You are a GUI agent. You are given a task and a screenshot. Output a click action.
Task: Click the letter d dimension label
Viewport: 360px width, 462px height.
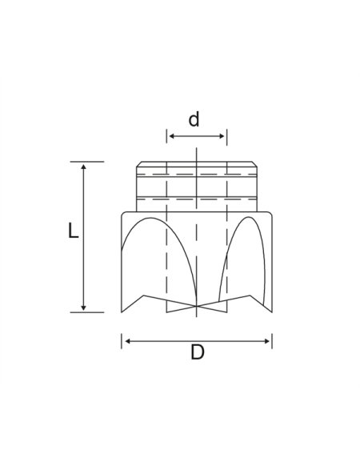coord(194,119)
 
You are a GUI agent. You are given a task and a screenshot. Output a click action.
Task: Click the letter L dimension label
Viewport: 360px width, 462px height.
coord(74,230)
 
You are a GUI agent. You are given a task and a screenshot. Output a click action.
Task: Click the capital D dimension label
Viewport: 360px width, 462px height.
coord(198,352)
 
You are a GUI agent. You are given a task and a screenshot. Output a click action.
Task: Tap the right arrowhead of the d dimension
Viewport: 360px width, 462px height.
coord(222,136)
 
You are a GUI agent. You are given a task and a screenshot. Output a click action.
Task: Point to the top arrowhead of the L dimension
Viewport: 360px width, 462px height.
coord(83,167)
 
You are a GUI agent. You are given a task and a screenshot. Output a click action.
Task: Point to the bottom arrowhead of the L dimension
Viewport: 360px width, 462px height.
coord(83,307)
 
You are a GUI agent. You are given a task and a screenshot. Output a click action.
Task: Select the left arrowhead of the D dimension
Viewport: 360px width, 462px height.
coord(128,341)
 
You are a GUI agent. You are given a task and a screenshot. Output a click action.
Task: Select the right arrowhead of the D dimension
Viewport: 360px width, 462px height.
coord(266,341)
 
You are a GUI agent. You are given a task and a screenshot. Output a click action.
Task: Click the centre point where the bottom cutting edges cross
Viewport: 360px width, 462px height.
coord(196,306)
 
